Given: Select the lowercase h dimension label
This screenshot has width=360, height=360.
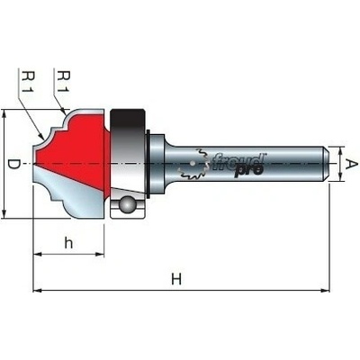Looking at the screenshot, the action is [68, 242].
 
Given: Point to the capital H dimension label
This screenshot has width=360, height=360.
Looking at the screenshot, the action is [176, 279].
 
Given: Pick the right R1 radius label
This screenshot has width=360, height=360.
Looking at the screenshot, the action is [63, 81].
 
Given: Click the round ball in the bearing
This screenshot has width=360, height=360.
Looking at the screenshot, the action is [128, 204].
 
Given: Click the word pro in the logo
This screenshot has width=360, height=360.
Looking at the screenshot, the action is [248, 170].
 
